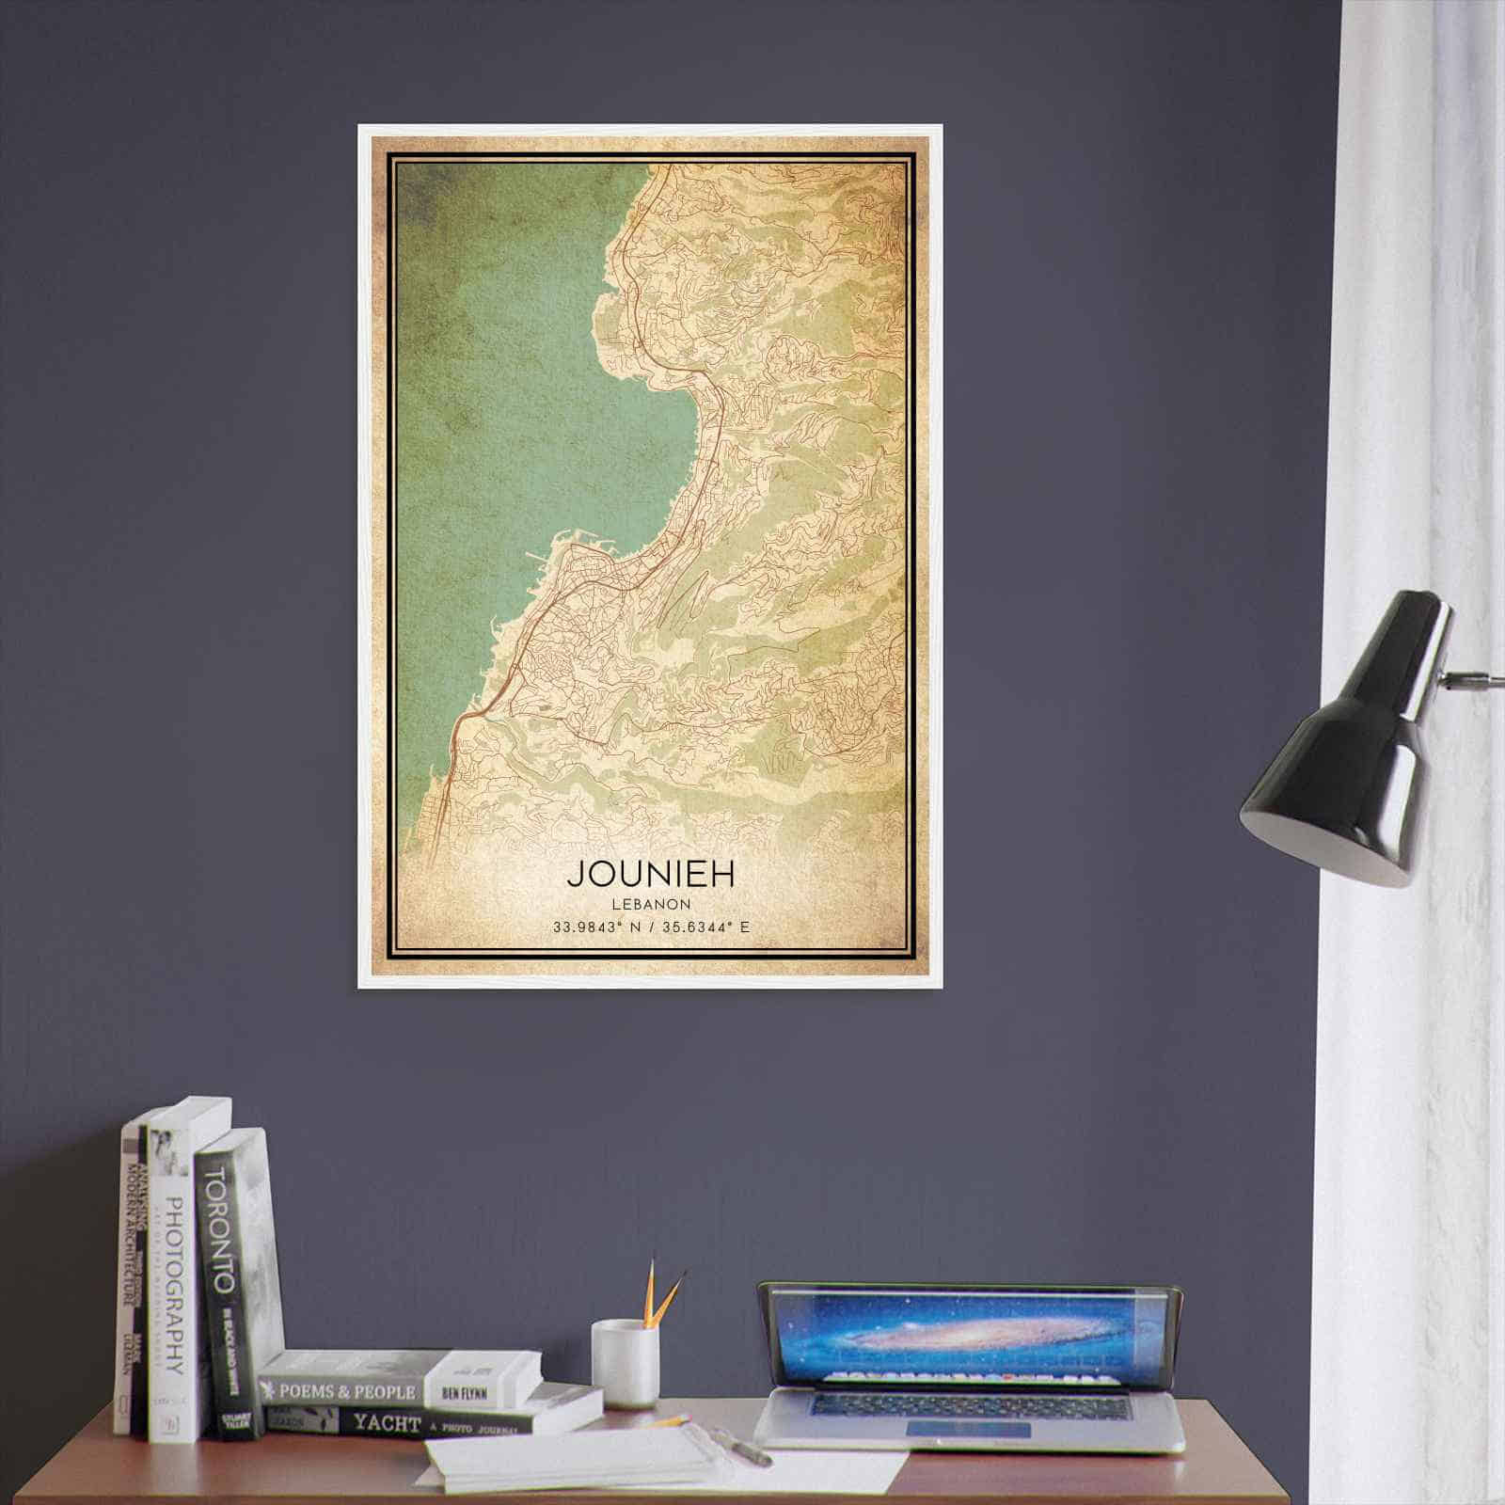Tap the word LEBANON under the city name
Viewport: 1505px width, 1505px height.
650,904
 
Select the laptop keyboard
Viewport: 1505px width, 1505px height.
969,1407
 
